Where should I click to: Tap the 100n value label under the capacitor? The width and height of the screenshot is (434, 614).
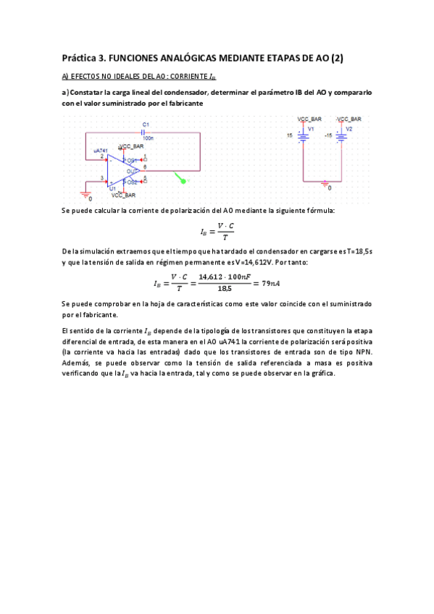click(149, 138)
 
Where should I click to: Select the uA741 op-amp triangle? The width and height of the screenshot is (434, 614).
click(122, 172)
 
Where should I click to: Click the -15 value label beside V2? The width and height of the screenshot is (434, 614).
click(328, 135)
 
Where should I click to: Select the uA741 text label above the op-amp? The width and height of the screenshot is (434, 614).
click(101, 151)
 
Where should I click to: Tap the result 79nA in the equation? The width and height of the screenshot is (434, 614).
click(267, 283)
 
